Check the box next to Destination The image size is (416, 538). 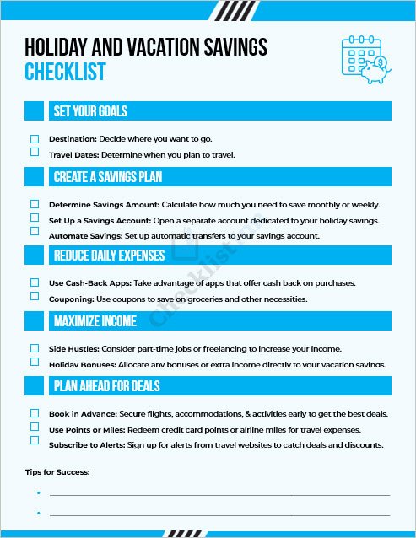pyautogui.click(x=35, y=138)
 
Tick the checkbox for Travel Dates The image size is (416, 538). pyautogui.click(x=35, y=153)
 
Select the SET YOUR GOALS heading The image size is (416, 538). pyautogui.click(x=90, y=111)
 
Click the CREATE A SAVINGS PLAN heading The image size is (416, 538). pyautogui.click(x=107, y=177)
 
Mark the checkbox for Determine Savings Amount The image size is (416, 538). pyautogui.click(x=35, y=204)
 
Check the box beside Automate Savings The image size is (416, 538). pyautogui.click(x=35, y=231)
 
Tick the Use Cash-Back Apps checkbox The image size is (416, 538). pyautogui.click(x=35, y=282)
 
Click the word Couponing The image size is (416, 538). pyautogui.click(x=72, y=299)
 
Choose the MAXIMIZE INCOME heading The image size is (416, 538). pyautogui.click(x=95, y=321)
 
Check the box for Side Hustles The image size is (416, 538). pyautogui.click(x=35, y=348)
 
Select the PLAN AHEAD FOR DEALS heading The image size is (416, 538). pyautogui.click(x=106, y=386)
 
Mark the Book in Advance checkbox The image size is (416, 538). pyautogui.click(x=35, y=413)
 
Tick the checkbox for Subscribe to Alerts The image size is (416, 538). pyautogui.click(x=35, y=440)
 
